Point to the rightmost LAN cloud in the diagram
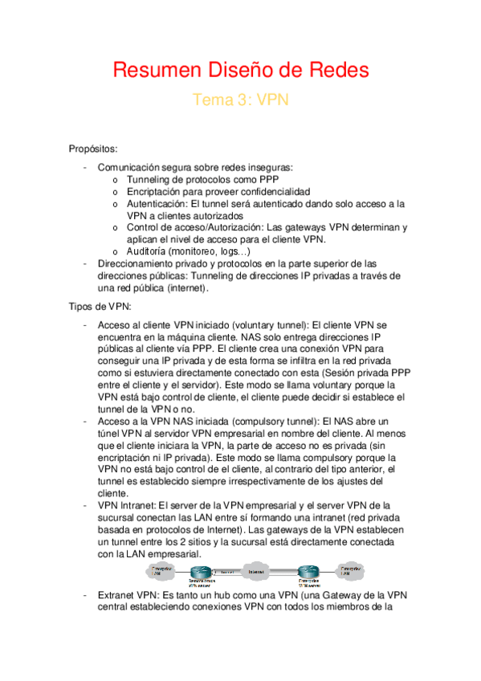coord(348,571)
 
